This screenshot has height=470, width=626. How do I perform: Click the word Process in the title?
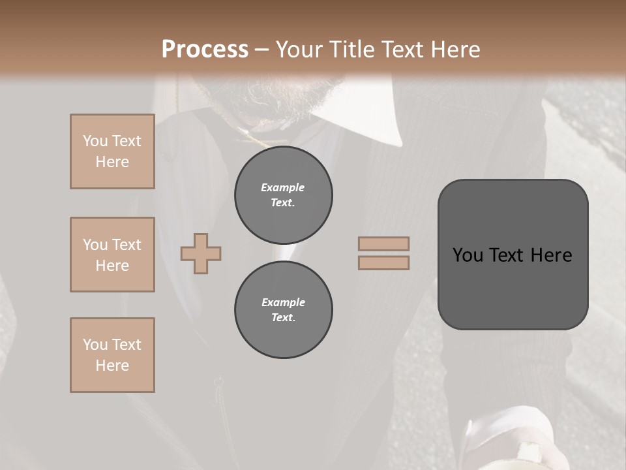(x=205, y=49)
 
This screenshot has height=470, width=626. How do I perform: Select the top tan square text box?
(x=112, y=151)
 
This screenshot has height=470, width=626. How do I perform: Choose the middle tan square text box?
(x=112, y=255)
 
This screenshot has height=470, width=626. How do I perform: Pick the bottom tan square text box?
(x=112, y=355)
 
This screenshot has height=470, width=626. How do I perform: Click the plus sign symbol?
(x=201, y=253)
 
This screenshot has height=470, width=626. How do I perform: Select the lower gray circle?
(x=283, y=310)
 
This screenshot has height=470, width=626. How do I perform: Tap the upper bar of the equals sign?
(x=383, y=243)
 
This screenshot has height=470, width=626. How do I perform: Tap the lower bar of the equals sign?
(x=383, y=262)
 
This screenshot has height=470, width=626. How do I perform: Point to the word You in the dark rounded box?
(x=468, y=255)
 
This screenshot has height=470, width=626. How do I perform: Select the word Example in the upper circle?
(x=283, y=187)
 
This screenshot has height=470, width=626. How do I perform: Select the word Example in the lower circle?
(x=283, y=302)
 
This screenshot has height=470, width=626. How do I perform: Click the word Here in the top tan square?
(x=112, y=162)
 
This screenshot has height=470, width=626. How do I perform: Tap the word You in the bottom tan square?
(x=95, y=345)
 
